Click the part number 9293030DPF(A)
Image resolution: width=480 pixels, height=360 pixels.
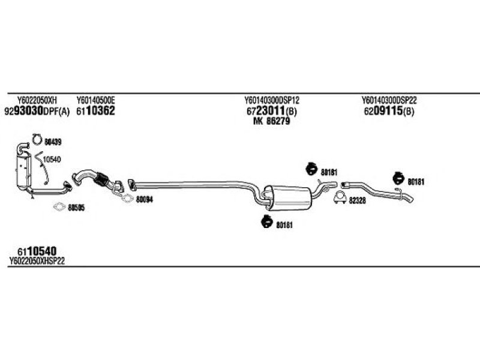click(x=37, y=111)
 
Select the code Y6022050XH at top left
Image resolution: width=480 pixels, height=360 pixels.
click(x=37, y=100)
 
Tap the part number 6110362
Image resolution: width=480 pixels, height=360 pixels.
click(x=95, y=111)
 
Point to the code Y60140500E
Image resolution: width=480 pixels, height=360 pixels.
click(x=96, y=100)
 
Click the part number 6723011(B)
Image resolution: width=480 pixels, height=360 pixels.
click(x=272, y=111)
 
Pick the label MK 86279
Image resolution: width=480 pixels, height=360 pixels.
click(x=272, y=121)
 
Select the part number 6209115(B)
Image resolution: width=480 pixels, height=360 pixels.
click(x=389, y=111)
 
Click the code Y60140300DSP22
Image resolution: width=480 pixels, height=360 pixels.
click(x=389, y=100)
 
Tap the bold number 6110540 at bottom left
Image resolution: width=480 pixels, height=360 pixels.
click(x=37, y=251)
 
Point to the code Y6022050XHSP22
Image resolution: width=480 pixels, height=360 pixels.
click(x=37, y=261)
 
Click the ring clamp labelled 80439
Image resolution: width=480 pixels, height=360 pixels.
click(x=37, y=139)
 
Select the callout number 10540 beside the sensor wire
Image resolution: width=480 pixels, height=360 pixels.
click(x=52, y=159)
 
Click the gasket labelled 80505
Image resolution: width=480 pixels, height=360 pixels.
click(x=59, y=207)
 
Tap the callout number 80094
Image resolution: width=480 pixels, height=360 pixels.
click(x=145, y=200)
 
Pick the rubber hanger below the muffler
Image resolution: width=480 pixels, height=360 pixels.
click(x=266, y=221)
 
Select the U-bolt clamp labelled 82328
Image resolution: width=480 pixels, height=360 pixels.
click(x=340, y=197)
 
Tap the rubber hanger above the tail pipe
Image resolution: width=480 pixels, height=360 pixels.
click(x=398, y=178)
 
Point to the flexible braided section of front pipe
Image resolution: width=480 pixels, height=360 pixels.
click(x=101, y=179)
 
